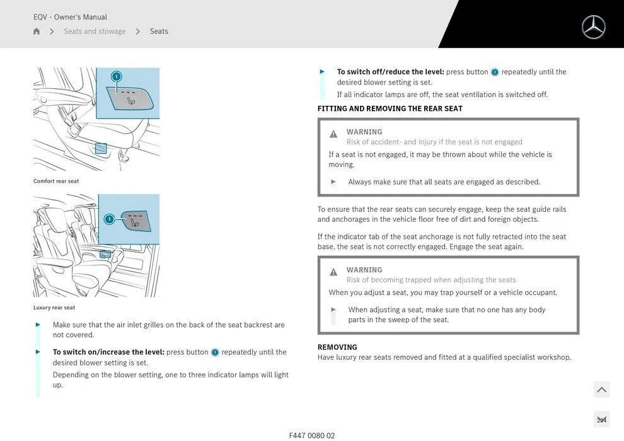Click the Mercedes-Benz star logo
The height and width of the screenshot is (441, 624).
pos(593,27)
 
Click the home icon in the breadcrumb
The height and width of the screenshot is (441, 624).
pos(37,31)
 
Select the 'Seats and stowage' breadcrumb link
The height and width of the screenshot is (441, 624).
pos(95,31)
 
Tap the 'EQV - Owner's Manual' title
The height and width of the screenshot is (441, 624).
pos(70,17)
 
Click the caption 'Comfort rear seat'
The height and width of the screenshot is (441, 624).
pos(56,181)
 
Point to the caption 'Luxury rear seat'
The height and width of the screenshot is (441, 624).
pos(54,308)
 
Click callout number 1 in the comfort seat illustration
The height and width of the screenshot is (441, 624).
pos(116,76)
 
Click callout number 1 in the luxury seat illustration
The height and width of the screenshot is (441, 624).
pos(109,219)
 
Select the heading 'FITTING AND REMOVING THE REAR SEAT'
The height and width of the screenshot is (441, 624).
pos(390,109)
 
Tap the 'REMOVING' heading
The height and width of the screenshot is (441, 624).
pos(337,347)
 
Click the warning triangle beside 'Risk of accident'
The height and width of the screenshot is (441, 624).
pos(333,134)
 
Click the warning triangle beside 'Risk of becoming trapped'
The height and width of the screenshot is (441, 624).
pos(333,272)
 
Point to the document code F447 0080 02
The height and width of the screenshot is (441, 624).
pos(312,435)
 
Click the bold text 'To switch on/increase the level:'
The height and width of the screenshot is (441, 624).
pos(108,352)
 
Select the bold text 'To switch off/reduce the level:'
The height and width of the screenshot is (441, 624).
pos(390,72)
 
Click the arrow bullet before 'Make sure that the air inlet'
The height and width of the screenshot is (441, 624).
pos(38,325)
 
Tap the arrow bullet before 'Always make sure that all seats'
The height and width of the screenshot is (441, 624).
pos(333,182)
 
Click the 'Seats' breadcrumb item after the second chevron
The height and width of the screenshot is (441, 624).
pos(159,31)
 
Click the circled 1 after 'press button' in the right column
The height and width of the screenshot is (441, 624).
pos(495,72)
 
